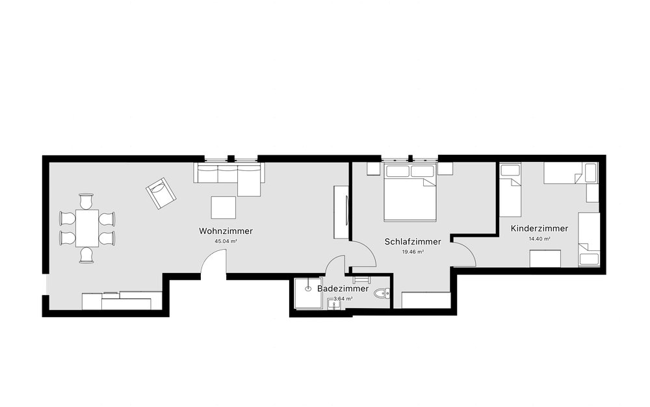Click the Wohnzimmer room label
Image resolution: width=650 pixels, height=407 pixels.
pyautogui.click(x=226, y=231)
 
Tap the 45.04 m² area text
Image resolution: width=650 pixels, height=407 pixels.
pyautogui.click(x=226, y=241)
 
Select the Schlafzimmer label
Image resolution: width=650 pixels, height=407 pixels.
pyautogui.click(x=413, y=241)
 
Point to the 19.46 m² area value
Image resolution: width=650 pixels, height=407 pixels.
pyautogui.click(x=413, y=252)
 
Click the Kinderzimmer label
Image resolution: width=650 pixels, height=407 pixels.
pyautogui.click(x=539, y=228)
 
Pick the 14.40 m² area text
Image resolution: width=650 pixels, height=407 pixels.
pyautogui.click(x=539, y=239)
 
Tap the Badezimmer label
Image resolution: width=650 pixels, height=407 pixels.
pyautogui.click(x=343, y=289)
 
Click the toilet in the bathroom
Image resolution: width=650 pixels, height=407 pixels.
pyautogui.click(x=382, y=294)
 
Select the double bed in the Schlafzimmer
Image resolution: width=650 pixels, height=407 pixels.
pyautogui.click(x=410, y=192)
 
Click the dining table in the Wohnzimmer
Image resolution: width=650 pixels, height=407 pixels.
pyautogui.click(x=87, y=228)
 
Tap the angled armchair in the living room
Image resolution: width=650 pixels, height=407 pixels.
pyautogui.click(x=161, y=193)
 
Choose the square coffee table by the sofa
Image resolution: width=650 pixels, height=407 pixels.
pyautogui.click(x=224, y=207)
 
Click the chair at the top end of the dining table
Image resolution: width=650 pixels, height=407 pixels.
pyautogui.click(x=86, y=201)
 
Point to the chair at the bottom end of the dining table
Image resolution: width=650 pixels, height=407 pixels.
pyautogui.click(x=86, y=255)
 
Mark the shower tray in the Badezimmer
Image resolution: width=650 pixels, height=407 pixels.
pyautogui.click(x=308, y=293)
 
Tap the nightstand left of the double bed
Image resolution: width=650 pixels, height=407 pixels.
pyautogui.click(x=374, y=168)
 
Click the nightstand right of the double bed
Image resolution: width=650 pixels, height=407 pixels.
pyautogui.click(x=445, y=168)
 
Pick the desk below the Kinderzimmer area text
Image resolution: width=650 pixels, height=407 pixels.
pyautogui.click(x=545, y=259)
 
